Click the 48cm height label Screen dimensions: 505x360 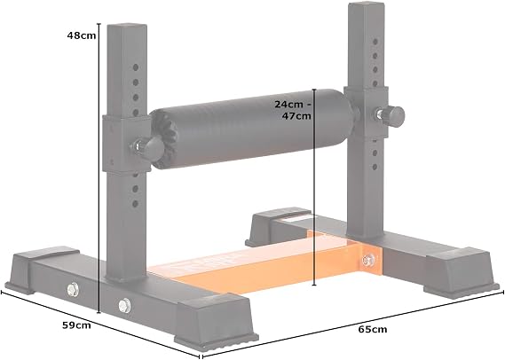point(82,35)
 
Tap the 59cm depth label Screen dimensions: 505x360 point(76,325)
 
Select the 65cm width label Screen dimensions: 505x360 point(373,330)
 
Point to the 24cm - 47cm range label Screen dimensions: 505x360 point(293,110)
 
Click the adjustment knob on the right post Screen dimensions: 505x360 point(391,113)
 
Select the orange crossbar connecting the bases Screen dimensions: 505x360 point(267,261)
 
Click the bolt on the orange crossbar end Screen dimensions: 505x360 point(367,259)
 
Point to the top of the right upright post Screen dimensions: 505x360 point(367,4)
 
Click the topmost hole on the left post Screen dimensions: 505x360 point(136,67)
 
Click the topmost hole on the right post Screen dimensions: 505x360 point(375,42)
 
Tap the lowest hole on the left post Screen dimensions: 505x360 point(135,204)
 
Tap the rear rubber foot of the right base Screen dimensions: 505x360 point(277,225)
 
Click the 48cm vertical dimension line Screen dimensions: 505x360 point(99,168)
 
